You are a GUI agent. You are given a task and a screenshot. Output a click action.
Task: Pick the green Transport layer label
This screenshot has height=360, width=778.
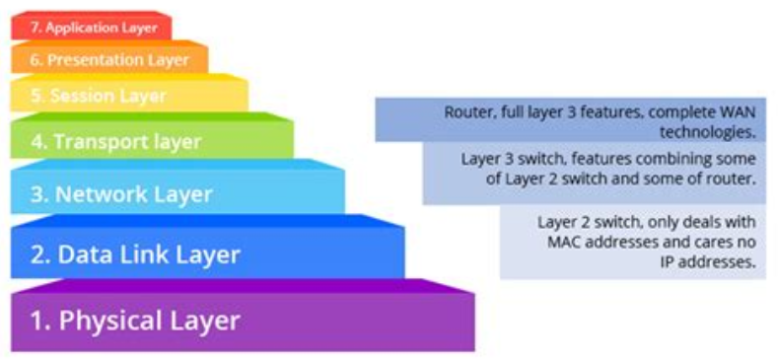[x=115, y=142]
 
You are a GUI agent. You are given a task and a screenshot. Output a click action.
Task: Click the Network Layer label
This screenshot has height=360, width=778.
[x=121, y=194]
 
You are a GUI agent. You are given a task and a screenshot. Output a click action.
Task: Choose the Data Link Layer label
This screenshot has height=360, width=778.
[x=135, y=255]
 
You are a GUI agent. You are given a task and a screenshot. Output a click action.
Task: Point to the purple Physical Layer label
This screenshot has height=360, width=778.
[x=135, y=321]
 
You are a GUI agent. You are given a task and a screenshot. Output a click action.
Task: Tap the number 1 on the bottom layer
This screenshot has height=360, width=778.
[x=36, y=321]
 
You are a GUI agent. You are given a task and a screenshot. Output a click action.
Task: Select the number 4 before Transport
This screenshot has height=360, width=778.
[x=37, y=142]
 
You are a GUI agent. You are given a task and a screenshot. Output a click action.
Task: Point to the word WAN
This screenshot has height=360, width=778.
[x=738, y=112]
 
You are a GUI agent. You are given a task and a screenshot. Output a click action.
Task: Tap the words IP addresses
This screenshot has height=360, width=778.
[x=708, y=262]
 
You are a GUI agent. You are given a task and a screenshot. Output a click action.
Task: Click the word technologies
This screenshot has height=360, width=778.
[x=707, y=131]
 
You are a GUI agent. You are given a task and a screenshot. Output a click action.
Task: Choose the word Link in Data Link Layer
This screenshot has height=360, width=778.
[x=125, y=255]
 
